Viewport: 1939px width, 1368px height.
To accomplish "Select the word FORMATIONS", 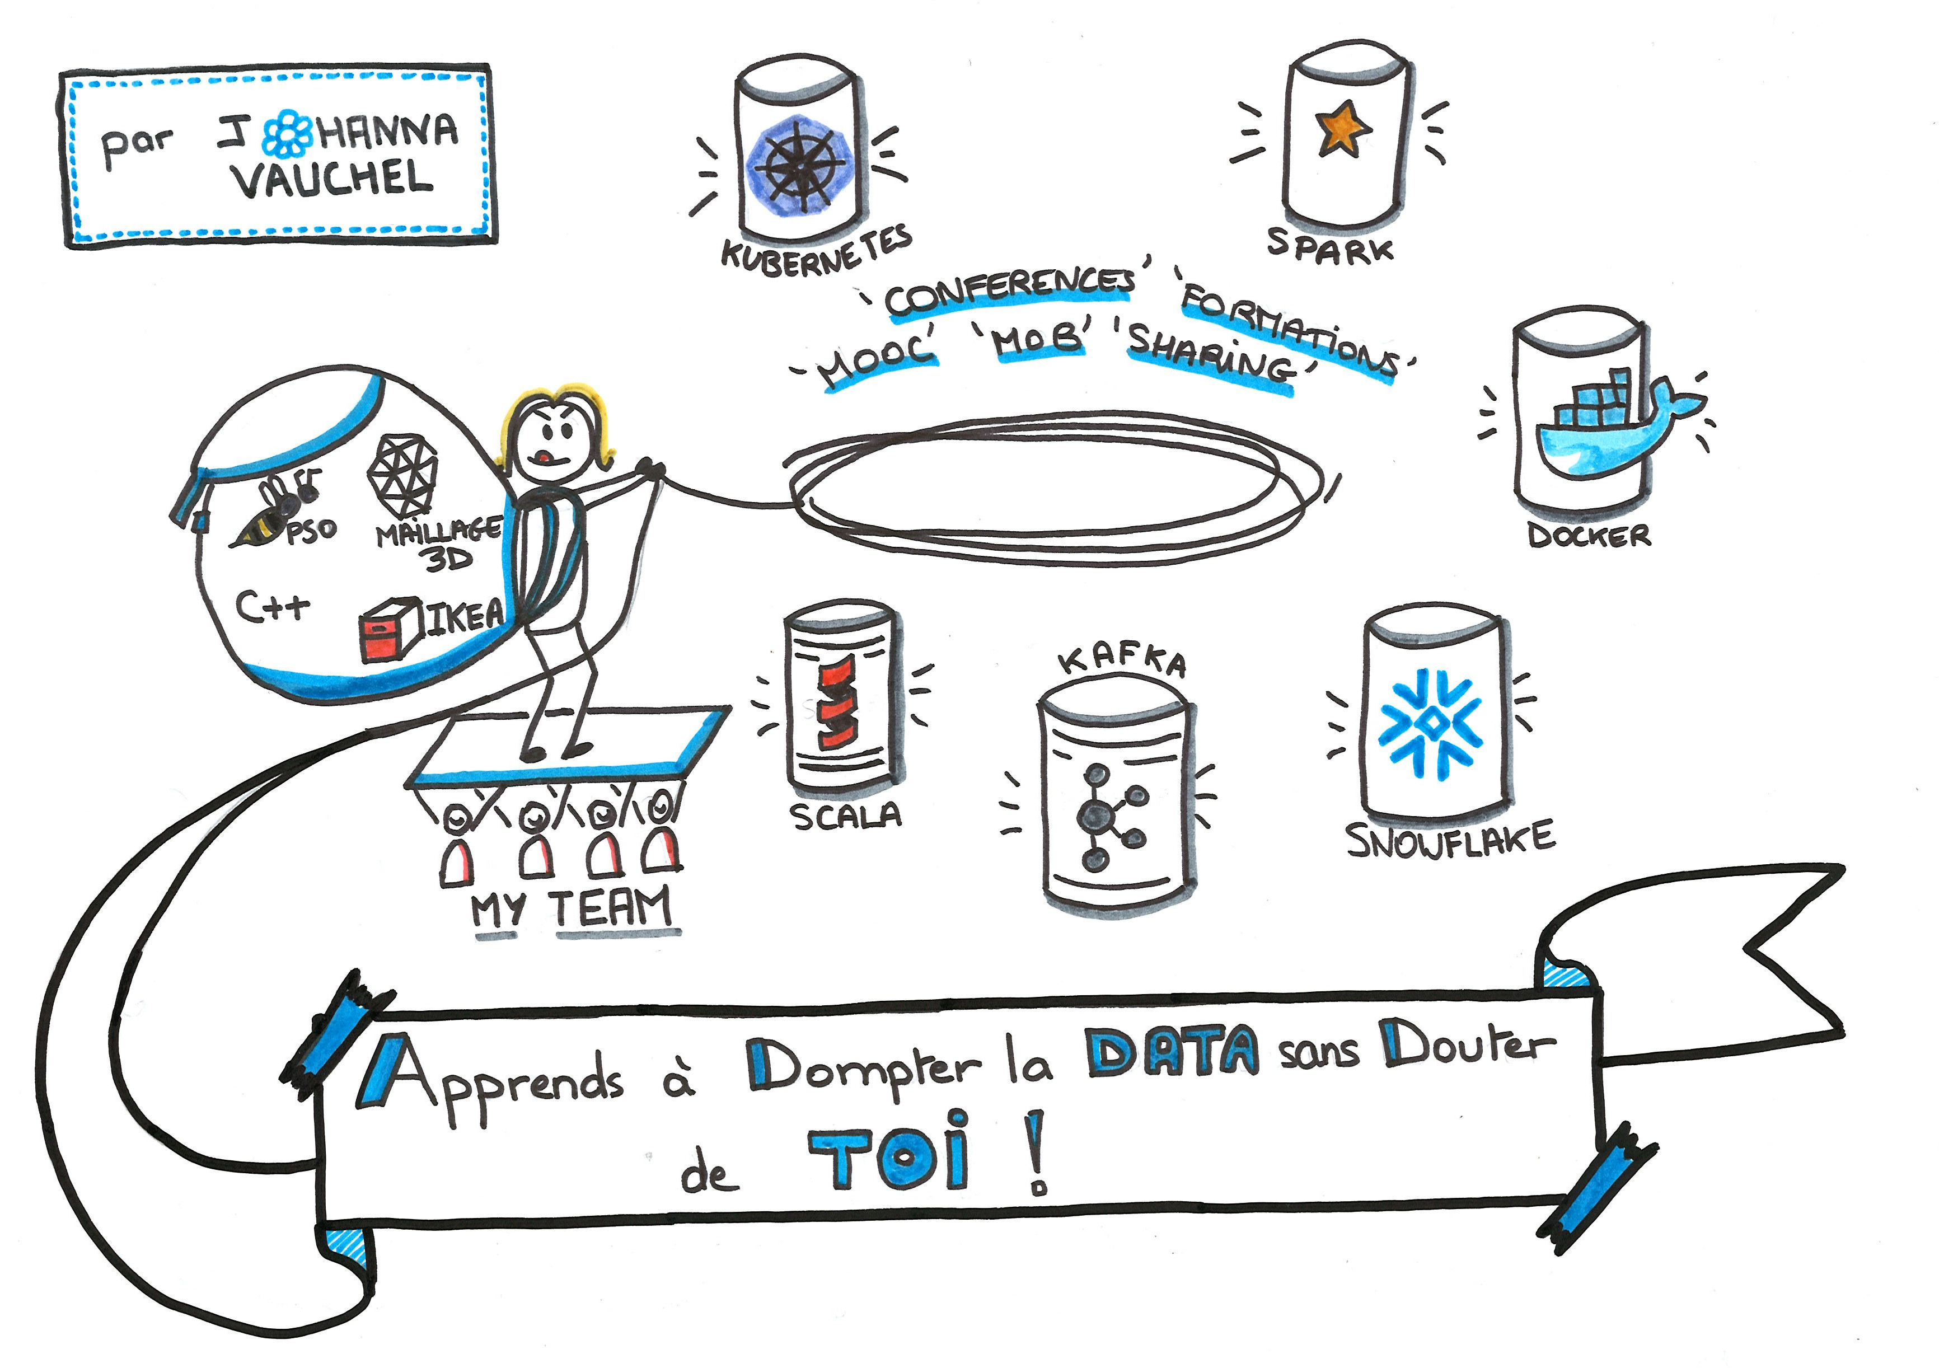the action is [1288, 334].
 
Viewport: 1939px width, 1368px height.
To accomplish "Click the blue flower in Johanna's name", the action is [287, 133].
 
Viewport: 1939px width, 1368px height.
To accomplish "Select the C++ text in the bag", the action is [272, 606].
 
